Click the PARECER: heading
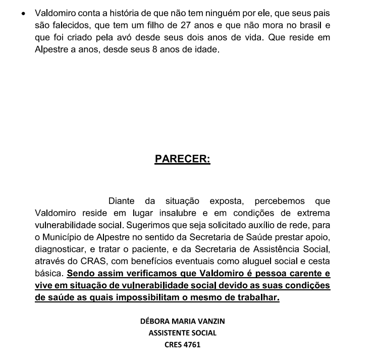(182, 159)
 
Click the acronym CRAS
(86, 261)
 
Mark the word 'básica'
(49, 274)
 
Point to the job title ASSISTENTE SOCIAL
(182, 333)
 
